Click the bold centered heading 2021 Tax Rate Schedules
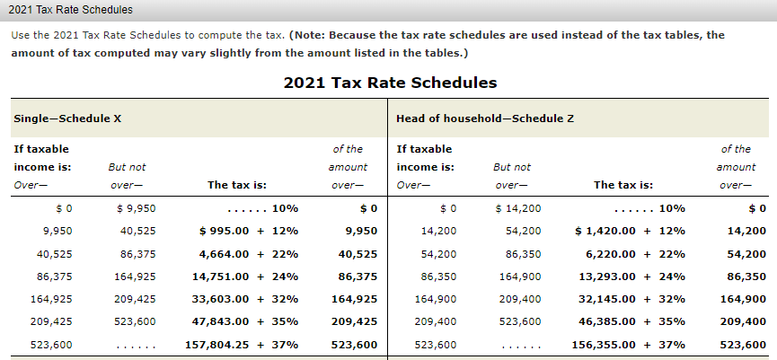coord(389,83)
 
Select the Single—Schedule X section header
coord(67,119)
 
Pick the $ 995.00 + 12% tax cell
coord(249,231)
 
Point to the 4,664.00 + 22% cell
coord(246,254)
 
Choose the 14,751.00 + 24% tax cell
coord(245,277)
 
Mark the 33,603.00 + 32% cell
coord(245,299)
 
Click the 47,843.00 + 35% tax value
coord(245,321)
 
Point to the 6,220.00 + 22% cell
coord(632,254)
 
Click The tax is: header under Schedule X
coord(236,185)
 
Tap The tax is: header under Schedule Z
coord(622,185)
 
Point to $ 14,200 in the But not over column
coord(518,208)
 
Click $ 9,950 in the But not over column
coord(137,208)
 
